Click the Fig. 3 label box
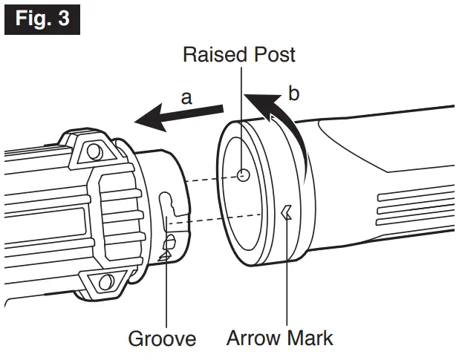42,18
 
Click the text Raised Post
239,54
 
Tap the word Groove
162,339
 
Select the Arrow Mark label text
280,339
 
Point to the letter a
187,96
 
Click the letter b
293,94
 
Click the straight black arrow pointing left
178,114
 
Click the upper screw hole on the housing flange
93,151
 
